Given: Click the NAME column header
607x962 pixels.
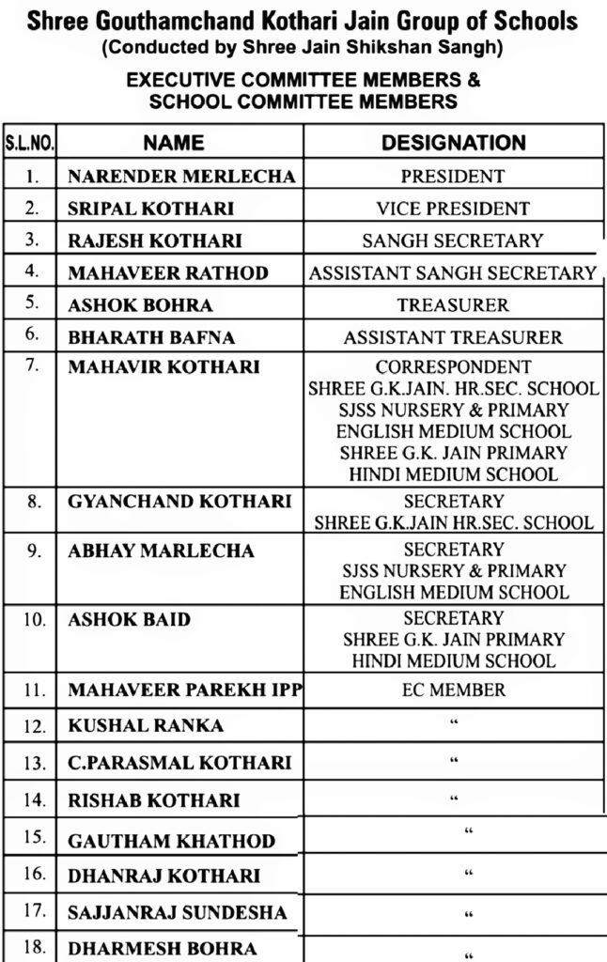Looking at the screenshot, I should coord(174,143).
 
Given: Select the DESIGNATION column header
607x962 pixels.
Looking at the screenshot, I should coord(453,143).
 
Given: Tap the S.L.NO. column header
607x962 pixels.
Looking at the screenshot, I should coord(31,144).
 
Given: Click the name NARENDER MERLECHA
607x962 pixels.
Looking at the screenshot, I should coord(181,177).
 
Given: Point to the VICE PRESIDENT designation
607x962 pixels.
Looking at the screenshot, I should coord(453,209).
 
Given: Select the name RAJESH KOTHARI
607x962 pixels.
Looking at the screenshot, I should coord(155,240).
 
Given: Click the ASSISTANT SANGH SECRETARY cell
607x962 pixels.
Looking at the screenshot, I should coord(453,273).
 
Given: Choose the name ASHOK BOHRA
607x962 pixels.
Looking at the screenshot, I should coord(141,305).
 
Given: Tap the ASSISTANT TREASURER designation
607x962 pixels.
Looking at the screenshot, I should coord(453,337).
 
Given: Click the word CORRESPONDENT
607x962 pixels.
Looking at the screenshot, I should coord(453,367).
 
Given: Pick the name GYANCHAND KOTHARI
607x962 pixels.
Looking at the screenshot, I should coord(179,501).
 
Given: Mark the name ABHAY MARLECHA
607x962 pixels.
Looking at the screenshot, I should coord(161,551).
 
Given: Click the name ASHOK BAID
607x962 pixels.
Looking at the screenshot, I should coord(130,619).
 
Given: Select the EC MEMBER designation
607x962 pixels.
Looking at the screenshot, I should coord(453,690).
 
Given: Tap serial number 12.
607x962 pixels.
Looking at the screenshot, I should coord(33,726).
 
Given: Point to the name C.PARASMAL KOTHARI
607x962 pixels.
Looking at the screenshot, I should coord(179,763).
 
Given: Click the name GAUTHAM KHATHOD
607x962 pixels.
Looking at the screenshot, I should coord(172,841).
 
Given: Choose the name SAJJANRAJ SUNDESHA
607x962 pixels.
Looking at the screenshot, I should coord(178,912).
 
